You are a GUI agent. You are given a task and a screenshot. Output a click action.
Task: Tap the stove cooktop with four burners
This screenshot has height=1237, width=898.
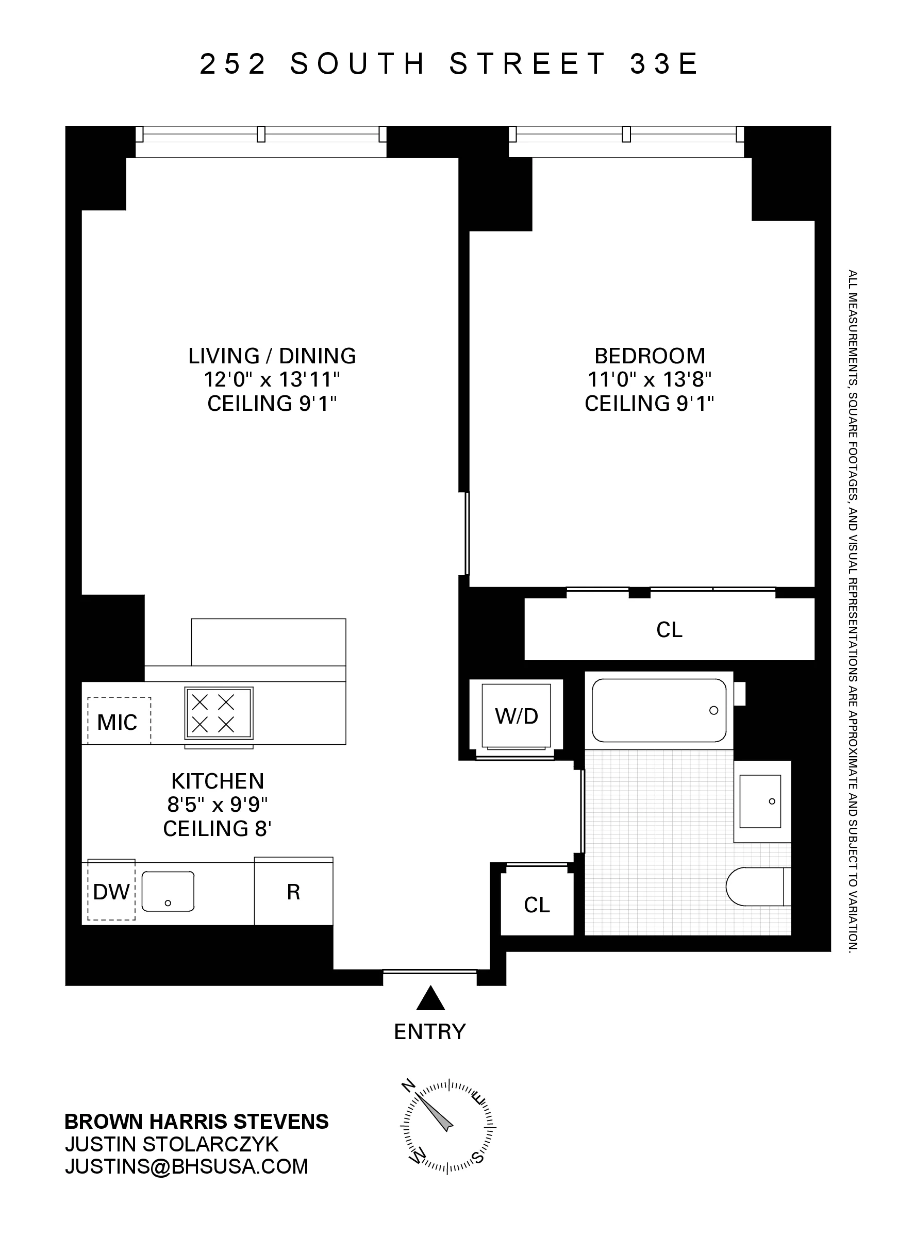pos(219,713)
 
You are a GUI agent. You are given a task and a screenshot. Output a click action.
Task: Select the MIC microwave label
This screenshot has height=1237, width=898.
pos(118,723)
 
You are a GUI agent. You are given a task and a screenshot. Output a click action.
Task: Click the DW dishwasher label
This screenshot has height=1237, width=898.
pos(111,892)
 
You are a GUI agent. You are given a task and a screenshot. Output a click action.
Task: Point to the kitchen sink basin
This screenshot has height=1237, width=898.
pos(168,891)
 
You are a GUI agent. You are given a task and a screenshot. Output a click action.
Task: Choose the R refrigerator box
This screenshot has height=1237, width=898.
pos(293,892)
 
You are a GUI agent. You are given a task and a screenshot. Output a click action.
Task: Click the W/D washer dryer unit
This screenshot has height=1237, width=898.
pos(516,716)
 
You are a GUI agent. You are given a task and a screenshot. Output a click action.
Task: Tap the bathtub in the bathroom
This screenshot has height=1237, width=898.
pos(658,710)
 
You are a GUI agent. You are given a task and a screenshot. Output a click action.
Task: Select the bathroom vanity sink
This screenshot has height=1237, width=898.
pos(760,801)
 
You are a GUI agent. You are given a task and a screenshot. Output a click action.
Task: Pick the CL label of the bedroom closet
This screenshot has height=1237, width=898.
pos(670,630)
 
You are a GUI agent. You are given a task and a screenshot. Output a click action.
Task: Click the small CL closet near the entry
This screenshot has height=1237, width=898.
pos(537,906)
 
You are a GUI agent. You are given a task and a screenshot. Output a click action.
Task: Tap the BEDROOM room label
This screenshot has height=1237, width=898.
pos(649,356)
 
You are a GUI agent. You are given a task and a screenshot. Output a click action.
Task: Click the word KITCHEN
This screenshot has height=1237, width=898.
pos(217,781)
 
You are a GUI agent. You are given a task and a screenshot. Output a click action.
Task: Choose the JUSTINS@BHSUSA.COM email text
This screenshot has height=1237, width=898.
pos(187,1166)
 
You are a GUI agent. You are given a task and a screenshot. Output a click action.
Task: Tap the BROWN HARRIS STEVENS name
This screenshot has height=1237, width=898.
pos(196,1122)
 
